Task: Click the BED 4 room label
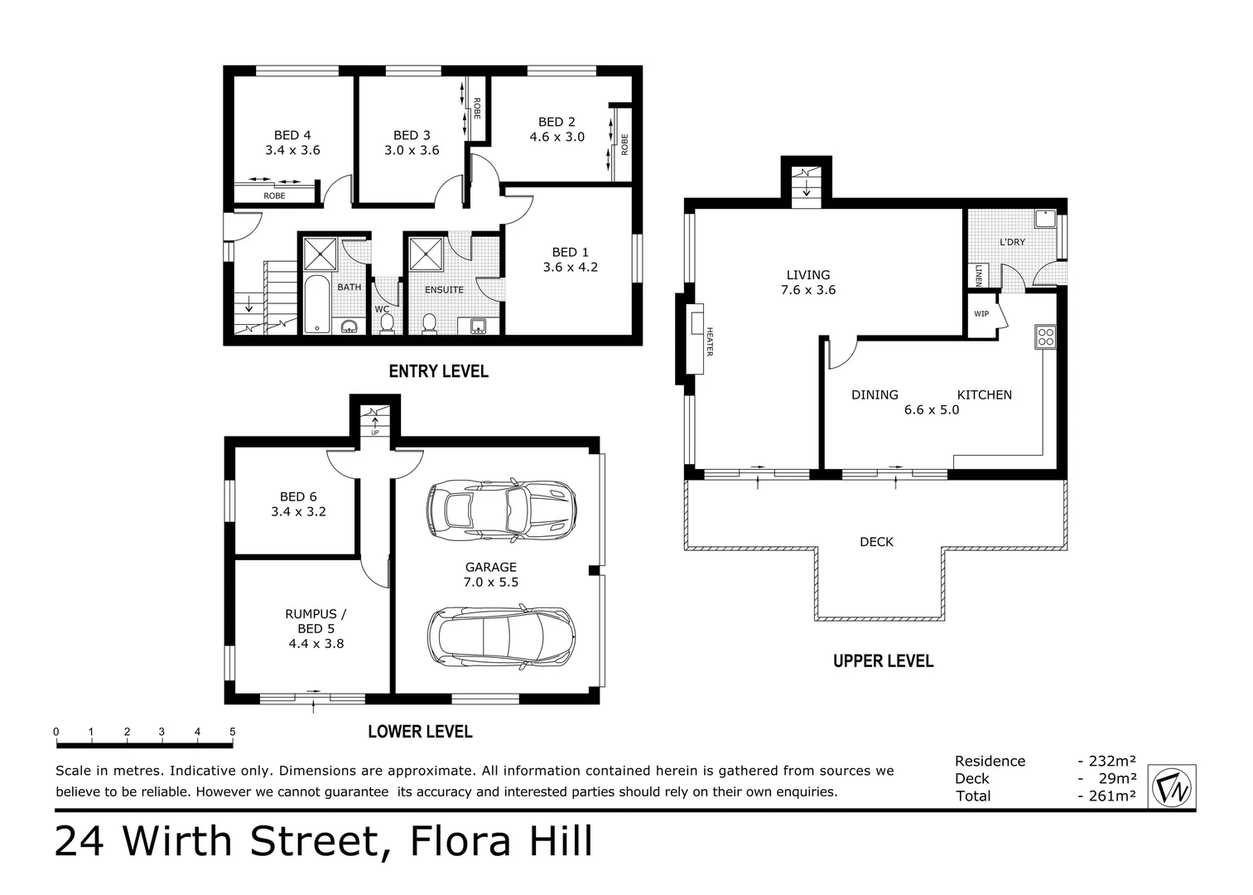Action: click(x=292, y=135)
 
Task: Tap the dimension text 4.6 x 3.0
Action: click(x=557, y=137)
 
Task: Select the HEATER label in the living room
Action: click(x=709, y=342)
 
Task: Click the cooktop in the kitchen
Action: click(x=1045, y=336)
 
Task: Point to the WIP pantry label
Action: click(x=981, y=314)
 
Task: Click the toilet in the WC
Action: click(x=387, y=325)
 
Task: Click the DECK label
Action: click(x=876, y=542)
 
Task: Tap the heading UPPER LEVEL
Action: click(x=883, y=661)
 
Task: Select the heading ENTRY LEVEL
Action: click(x=438, y=371)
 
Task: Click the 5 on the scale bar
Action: click(x=233, y=732)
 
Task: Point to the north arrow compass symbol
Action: click(x=1173, y=786)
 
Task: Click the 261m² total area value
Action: click(x=1106, y=796)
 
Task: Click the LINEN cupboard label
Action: click(x=978, y=274)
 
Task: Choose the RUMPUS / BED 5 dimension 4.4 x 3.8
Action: click(x=316, y=643)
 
